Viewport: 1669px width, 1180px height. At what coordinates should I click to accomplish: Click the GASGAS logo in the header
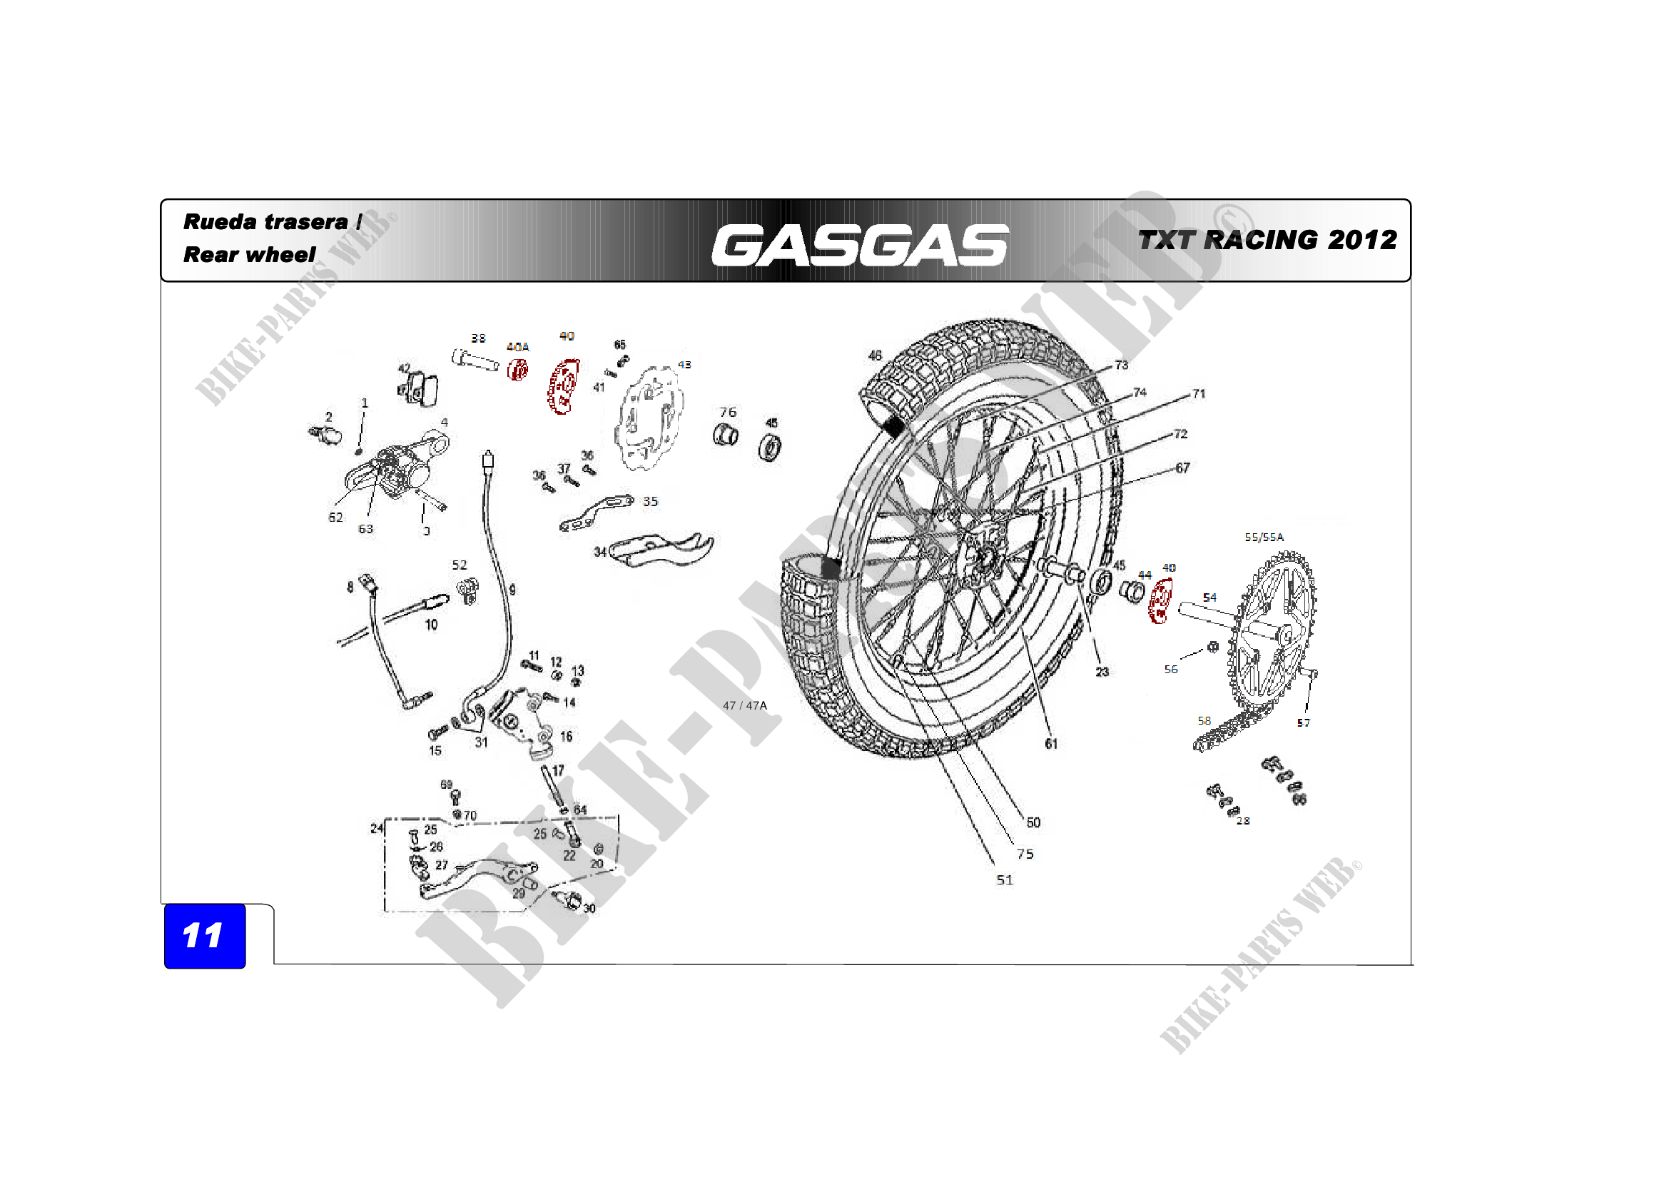point(859,245)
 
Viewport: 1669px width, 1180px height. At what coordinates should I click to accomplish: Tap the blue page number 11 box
point(204,935)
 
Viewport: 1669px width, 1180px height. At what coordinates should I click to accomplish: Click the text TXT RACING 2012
point(1267,240)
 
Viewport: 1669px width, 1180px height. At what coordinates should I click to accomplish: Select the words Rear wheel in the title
point(249,254)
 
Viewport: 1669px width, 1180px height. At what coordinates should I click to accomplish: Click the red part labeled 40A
point(517,370)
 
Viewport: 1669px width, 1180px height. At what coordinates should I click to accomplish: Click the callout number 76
point(728,412)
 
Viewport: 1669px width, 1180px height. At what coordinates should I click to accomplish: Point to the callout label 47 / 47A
point(744,705)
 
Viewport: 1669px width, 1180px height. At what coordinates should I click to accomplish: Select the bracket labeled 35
point(596,513)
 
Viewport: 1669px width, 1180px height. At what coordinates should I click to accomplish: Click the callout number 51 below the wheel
point(1004,879)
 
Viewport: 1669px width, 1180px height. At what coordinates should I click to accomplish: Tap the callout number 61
point(1051,743)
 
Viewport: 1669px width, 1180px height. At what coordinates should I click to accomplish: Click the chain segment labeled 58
point(1225,735)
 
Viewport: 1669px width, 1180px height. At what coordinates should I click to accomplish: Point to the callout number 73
point(1121,365)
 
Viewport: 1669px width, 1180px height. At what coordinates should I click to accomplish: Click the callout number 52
point(460,565)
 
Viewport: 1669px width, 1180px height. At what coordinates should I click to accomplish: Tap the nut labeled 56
point(1212,646)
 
